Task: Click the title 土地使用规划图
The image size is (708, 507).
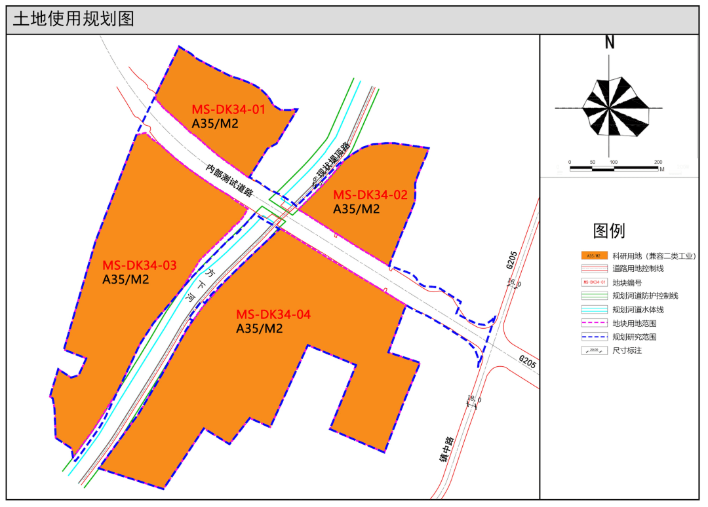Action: [x=73, y=19]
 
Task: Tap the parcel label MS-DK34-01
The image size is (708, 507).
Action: [x=228, y=109]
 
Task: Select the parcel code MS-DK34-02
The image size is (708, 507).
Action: [x=370, y=195]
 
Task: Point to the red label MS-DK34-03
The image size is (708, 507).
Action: [x=140, y=265]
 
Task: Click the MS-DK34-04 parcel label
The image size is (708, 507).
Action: [x=273, y=314]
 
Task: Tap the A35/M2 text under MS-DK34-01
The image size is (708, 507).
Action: [x=214, y=123]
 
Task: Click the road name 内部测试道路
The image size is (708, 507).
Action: [x=229, y=180]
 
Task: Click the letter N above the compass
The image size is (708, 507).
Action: [x=610, y=43]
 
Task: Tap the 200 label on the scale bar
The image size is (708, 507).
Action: [x=658, y=162]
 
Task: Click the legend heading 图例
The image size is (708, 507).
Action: [x=609, y=231]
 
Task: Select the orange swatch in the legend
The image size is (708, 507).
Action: [x=592, y=256]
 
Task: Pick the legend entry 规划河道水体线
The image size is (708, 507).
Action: [x=638, y=309]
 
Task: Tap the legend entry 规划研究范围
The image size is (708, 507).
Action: [x=634, y=337]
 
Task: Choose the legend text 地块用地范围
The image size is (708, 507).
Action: [x=634, y=323]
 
